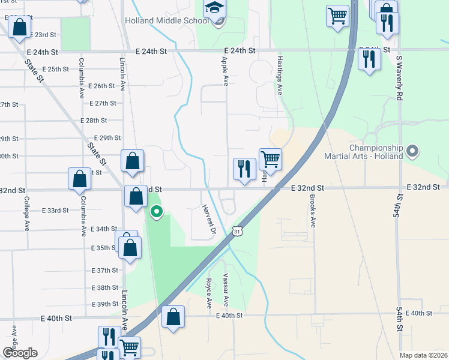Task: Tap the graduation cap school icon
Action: point(214,8)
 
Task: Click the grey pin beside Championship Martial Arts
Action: point(412,151)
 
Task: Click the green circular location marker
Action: point(157,212)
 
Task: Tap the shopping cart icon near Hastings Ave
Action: point(271,160)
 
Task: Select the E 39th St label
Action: point(105,304)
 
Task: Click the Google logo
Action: point(20,352)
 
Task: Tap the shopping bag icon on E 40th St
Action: point(173,317)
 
